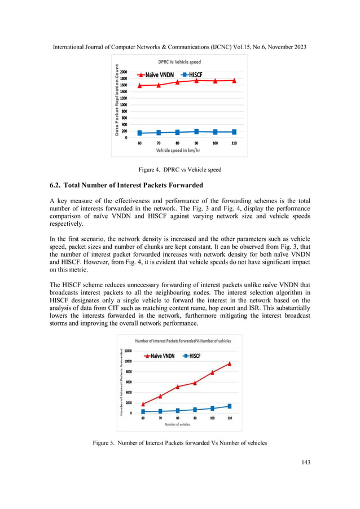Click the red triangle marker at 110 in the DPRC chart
coord(234,81)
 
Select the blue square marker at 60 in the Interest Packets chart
coord(143,412)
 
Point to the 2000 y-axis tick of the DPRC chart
coord(124,73)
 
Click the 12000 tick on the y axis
coord(128,350)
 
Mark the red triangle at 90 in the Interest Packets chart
coord(195,383)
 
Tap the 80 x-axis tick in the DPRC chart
coord(177,143)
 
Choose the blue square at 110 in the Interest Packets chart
coord(230,406)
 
